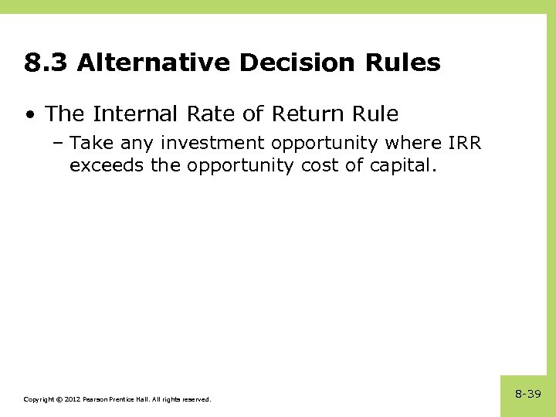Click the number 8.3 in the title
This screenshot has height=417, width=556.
[46, 63]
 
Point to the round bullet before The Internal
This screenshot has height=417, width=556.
[29, 115]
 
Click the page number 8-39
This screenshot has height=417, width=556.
[528, 394]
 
